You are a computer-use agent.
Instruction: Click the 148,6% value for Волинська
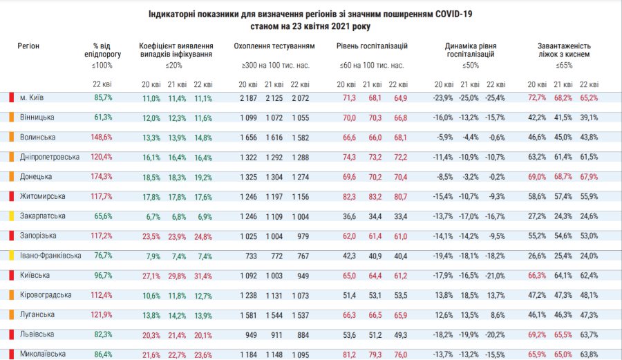[x=102, y=138]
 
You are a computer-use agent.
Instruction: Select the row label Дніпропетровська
[x=49, y=157]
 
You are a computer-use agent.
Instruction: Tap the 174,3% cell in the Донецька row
[x=102, y=177]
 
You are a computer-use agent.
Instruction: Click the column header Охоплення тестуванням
[x=274, y=46]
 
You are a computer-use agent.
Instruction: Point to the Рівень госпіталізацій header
[x=372, y=46]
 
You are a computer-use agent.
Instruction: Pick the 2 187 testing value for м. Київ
[x=247, y=98]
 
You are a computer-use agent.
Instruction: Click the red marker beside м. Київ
[x=12, y=97]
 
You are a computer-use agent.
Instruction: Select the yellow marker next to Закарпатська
[x=12, y=216]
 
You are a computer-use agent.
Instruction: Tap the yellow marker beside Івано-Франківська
[x=12, y=256]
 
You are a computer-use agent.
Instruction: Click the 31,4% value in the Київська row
[x=203, y=276]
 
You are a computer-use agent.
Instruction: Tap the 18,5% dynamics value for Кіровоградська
[x=469, y=296]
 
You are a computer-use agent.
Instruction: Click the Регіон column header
[x=28, y=46]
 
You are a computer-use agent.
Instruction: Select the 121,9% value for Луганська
[x=102, y=315]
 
